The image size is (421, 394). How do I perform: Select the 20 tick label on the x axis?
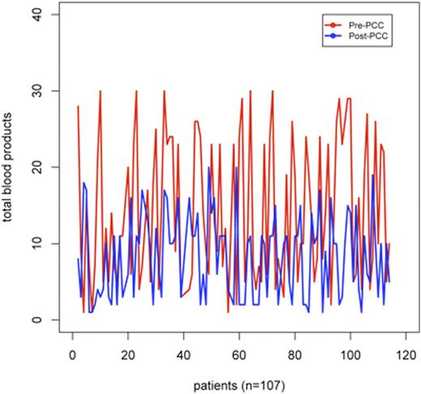pos(128,353)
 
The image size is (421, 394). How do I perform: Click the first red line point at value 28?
pos(78,106)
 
